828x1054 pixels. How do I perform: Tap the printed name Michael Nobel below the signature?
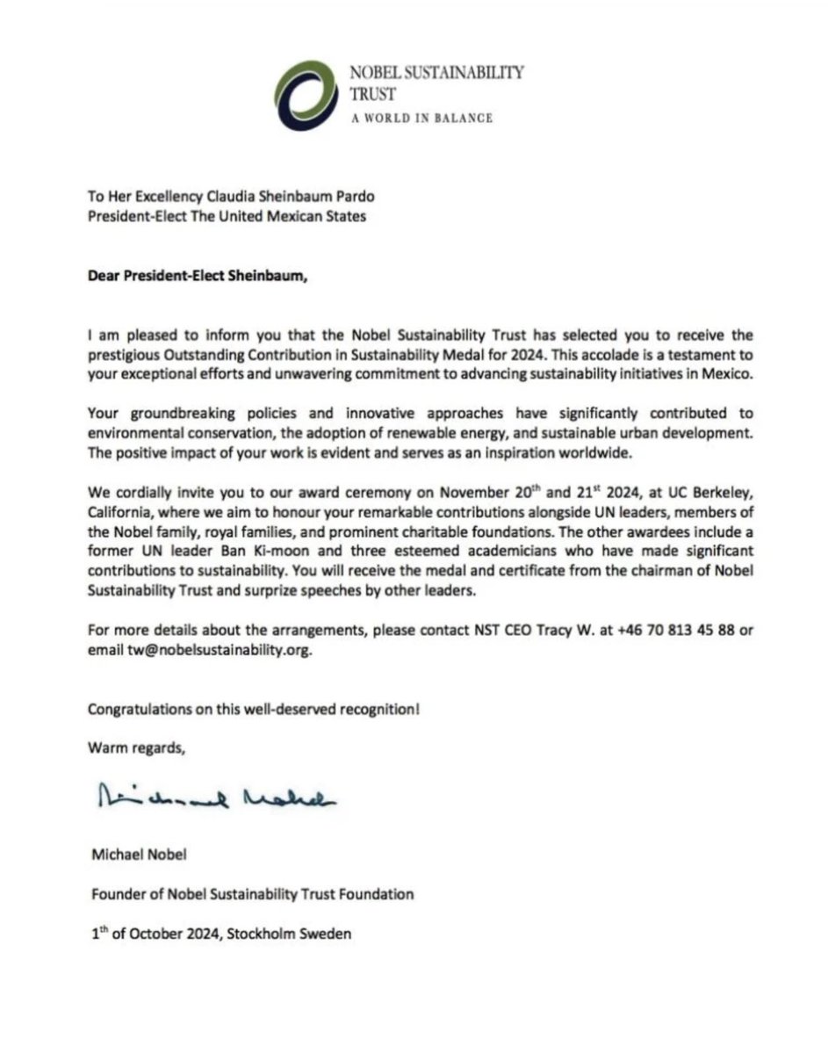click(x=136, y=855)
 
